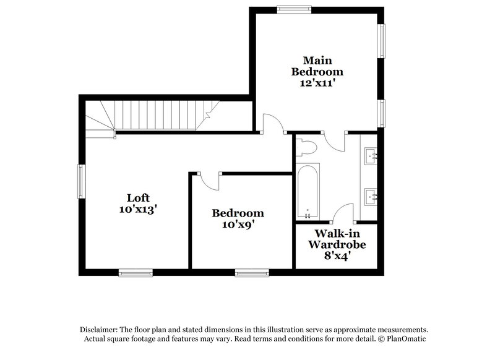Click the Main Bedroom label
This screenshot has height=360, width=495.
point(317,66)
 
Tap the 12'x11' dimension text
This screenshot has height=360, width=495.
point(317,82)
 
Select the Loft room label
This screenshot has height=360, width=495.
point(137,198)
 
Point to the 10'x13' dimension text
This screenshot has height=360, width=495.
point(137,210)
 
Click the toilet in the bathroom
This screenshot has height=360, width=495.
point(306,147)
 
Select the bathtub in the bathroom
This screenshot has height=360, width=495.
point(308,192)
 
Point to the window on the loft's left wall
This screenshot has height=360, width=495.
point(80,182)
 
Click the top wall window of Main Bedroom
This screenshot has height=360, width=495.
point(294,9)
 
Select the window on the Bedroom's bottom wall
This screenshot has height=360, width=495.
point(251,272)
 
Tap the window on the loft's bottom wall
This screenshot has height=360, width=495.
point(136,272)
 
